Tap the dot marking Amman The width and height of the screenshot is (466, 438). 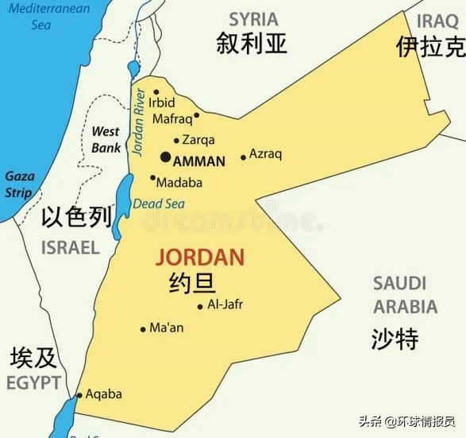[165, 157]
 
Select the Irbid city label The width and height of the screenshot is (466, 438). [162, 103]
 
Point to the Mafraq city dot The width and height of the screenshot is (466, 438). [196, 114]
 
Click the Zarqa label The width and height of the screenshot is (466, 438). [198, 140]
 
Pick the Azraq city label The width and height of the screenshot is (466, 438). [265, 154]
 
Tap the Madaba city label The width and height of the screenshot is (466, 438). [179, 183]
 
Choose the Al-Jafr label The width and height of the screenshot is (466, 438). [225, 304]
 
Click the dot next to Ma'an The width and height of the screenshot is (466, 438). [143, 328]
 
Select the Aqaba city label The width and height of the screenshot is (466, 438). [103, 393]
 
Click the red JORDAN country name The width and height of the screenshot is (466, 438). [199, 258]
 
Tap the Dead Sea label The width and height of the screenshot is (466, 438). [159, 203]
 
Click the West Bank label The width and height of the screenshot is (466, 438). [106, 139]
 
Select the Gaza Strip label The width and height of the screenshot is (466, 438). [19, 184]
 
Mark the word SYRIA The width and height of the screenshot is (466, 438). [253, 19]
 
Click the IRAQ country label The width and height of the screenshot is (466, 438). [439, 20]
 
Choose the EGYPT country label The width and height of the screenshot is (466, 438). [33, 383]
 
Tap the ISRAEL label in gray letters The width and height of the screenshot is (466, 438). [71, 246]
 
